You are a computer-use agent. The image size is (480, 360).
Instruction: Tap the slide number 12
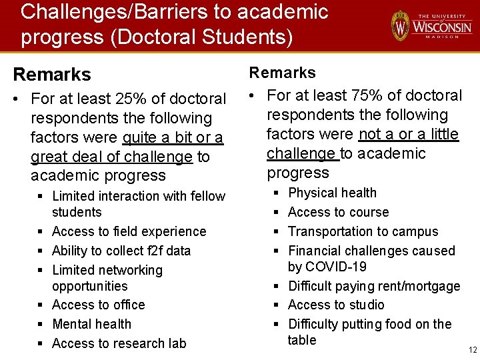click(473, 350)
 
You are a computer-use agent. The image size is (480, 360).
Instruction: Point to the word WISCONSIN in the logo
click(442, 27)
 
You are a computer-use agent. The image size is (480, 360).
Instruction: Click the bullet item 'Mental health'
click(91, 324)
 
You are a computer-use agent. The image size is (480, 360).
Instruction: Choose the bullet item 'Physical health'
click(332, 193)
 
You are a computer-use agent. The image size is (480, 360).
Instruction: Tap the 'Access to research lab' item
click(119, 343)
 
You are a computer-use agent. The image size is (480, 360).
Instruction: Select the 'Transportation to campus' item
click(363, 231)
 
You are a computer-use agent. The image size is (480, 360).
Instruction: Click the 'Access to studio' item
click(336, 305)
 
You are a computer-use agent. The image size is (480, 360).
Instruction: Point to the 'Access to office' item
click(98, 305)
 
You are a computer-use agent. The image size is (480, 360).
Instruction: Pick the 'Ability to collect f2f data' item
click(121, 251)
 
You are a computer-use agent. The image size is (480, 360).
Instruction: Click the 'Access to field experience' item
click(129, 231)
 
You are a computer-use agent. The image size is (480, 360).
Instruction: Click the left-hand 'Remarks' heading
click(52, 74)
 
